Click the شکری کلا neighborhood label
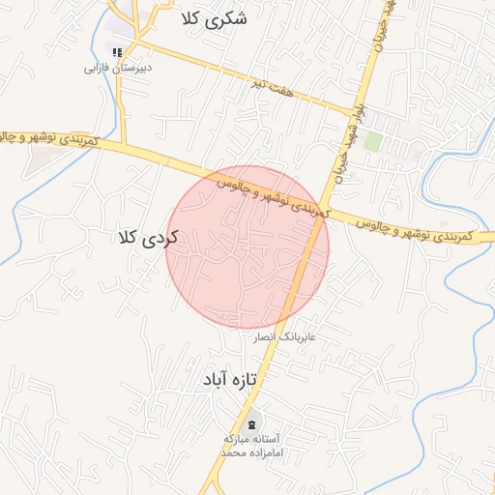click(x=214, y=18)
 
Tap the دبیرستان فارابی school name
click(x=118, y=70)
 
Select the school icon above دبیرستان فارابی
click(x=117, y=52)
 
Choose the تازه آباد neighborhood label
click(x=228, y=380)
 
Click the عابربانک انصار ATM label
click(x=285, y=338)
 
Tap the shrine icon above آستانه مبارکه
click(x=253, y=422)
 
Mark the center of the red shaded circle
click(x=247, y=247)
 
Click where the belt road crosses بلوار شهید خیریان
click(x=323, y=214)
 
